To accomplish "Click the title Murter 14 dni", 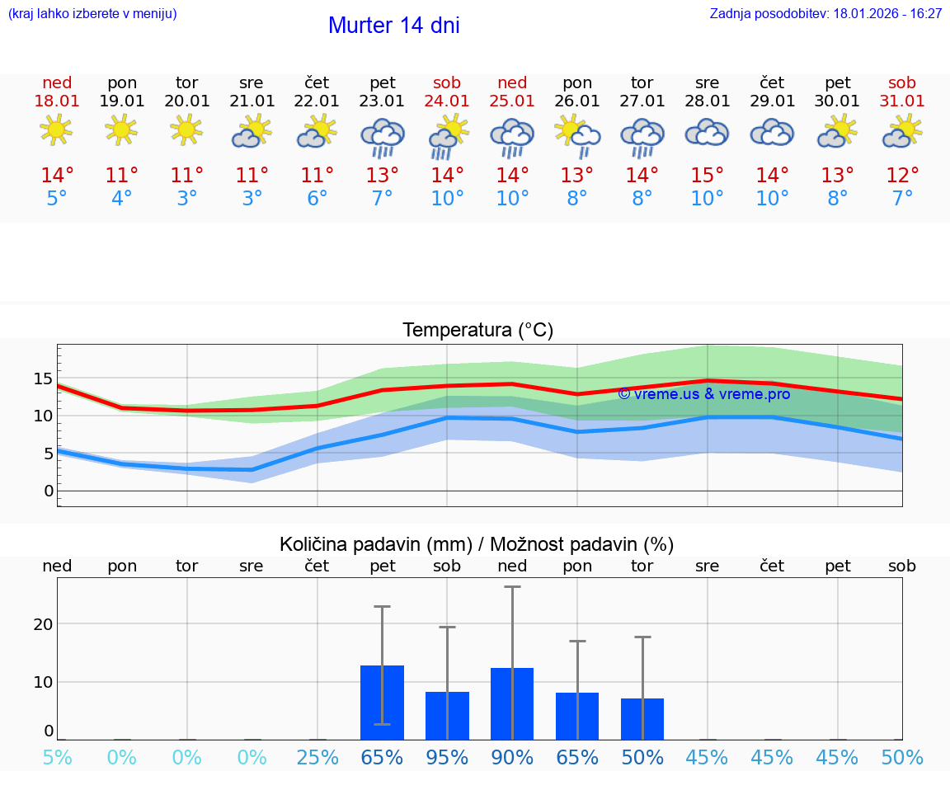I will point(393,26).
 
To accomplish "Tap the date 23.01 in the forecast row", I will point(382,101).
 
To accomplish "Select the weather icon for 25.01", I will point(512,136).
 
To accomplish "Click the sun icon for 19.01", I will point(121,129).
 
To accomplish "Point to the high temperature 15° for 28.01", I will point(707,176).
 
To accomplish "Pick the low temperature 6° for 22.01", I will point(317,199).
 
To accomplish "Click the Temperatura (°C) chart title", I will point(477,331).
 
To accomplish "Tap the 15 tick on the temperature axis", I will point(43,379).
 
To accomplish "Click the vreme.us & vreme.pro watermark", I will point(703,394).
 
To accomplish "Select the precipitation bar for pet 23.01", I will point(382,703).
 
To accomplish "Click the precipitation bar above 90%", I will point(512,703).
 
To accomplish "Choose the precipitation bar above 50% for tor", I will point(642,719).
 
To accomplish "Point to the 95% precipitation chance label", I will point(447,758).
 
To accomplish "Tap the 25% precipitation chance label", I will point(317,758).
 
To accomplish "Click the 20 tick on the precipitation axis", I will point(43,624).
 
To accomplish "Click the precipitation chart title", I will point(477,544).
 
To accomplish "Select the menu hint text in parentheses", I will point(92,14).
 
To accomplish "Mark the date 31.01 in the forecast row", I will point(902,101).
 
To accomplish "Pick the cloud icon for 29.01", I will point(772,133).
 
